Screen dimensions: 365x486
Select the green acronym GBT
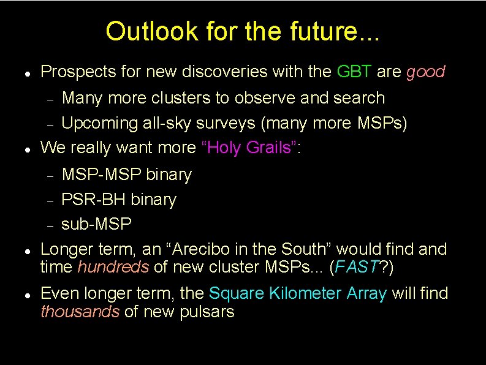(354, 72)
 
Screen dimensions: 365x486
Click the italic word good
(425, 72)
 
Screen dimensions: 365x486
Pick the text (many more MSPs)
(334, 123)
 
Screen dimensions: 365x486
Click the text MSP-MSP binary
(127, 175)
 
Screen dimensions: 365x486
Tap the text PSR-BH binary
(119, 200)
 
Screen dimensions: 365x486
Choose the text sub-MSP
(97, 224)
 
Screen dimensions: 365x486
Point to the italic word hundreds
(113, 268)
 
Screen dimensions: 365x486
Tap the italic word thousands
(80, 312)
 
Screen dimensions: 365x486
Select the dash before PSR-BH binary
(53, 200)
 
